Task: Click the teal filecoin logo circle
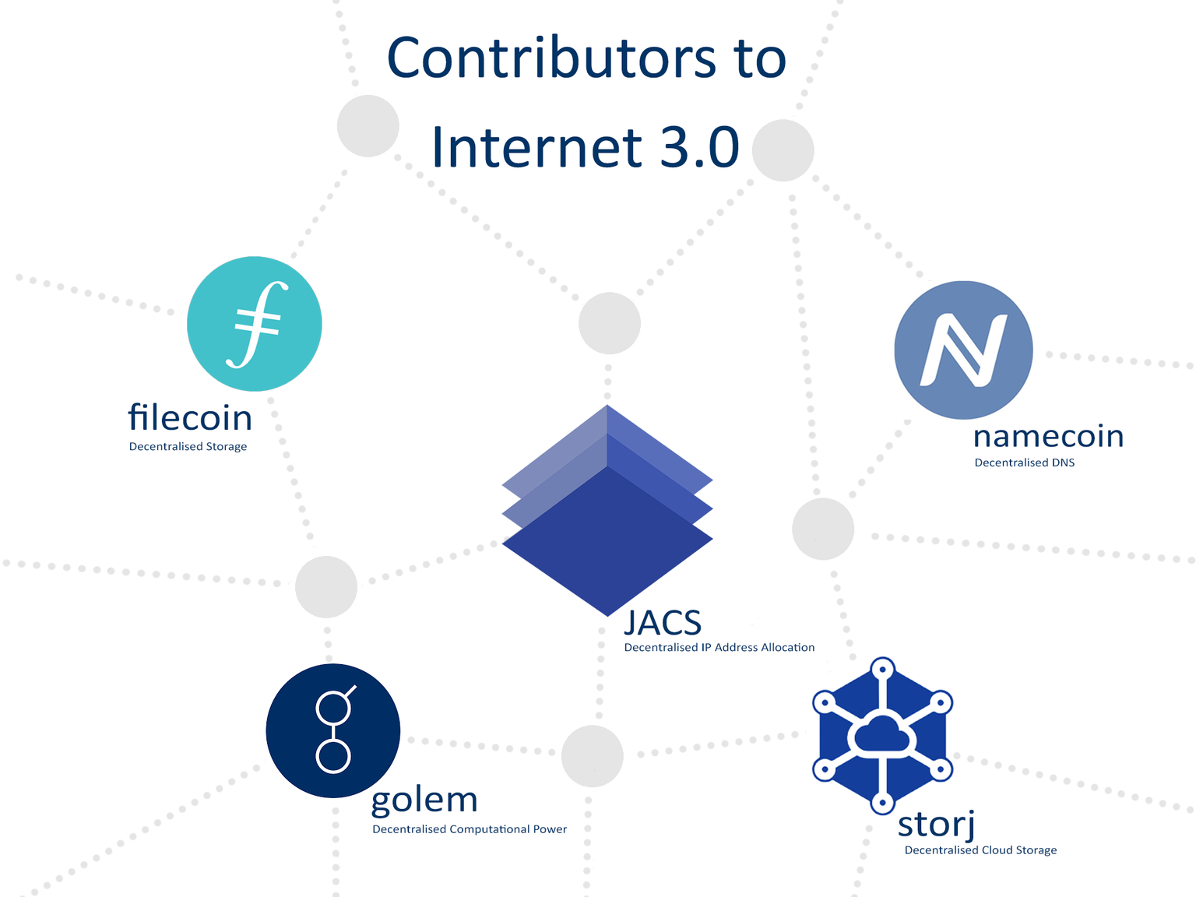point(255,323)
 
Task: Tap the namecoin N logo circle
point(963,350)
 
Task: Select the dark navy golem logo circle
point(333,730)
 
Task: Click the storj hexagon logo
point(882,735)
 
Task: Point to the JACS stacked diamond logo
point(607,510)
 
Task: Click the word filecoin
point(190,417)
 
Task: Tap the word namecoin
point(1048,436)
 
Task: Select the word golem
point(424,801)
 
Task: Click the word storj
point(936,825)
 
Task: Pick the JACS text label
point(663,622)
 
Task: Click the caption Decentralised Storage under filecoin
point(188,447)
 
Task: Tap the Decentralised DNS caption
point(1025,463)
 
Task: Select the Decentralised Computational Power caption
point(470,829)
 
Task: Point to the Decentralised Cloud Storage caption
point(980,850)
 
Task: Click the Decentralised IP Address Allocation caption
point(719,647)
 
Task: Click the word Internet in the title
point(536,147)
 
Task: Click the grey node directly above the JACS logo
point(609,323)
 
